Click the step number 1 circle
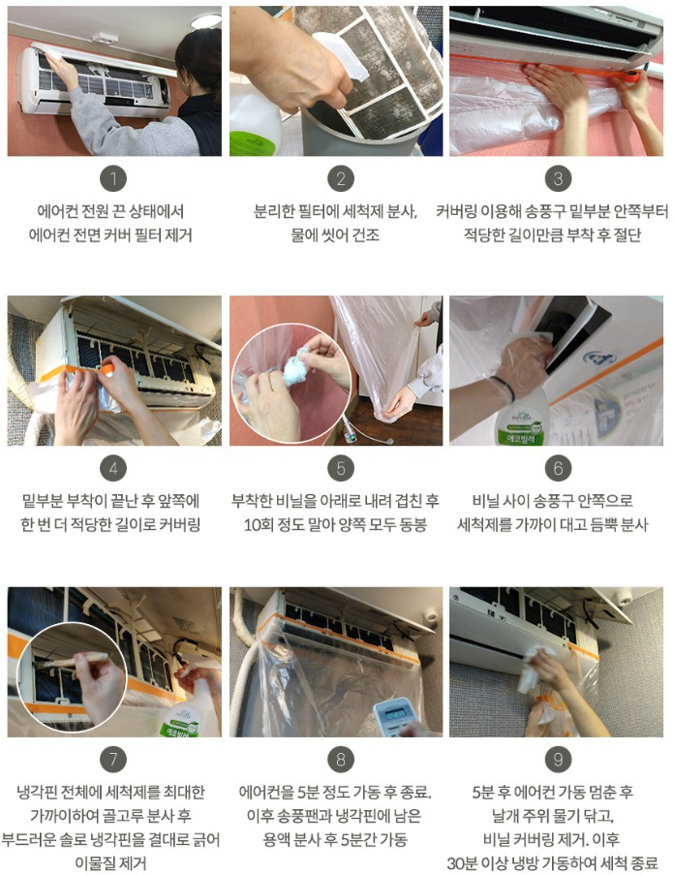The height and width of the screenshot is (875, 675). pos(114,178)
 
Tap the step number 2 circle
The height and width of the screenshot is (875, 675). pos(339,178)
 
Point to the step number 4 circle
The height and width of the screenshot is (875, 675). pos(114,469)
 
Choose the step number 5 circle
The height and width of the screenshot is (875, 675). pos(339,469)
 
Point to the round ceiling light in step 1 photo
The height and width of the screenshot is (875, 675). pos(205,20)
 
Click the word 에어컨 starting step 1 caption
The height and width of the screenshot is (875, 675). pos(59,210)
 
